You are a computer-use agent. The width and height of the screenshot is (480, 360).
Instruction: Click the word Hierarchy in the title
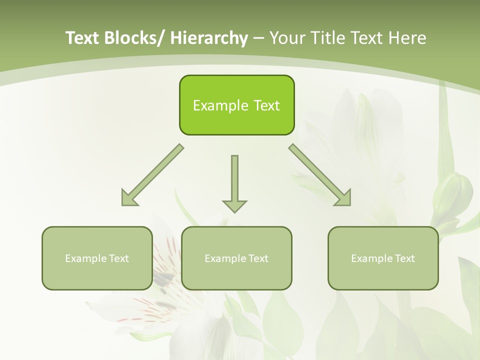pos(209,38)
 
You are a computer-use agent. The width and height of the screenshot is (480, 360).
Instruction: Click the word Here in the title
pos(408,38)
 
